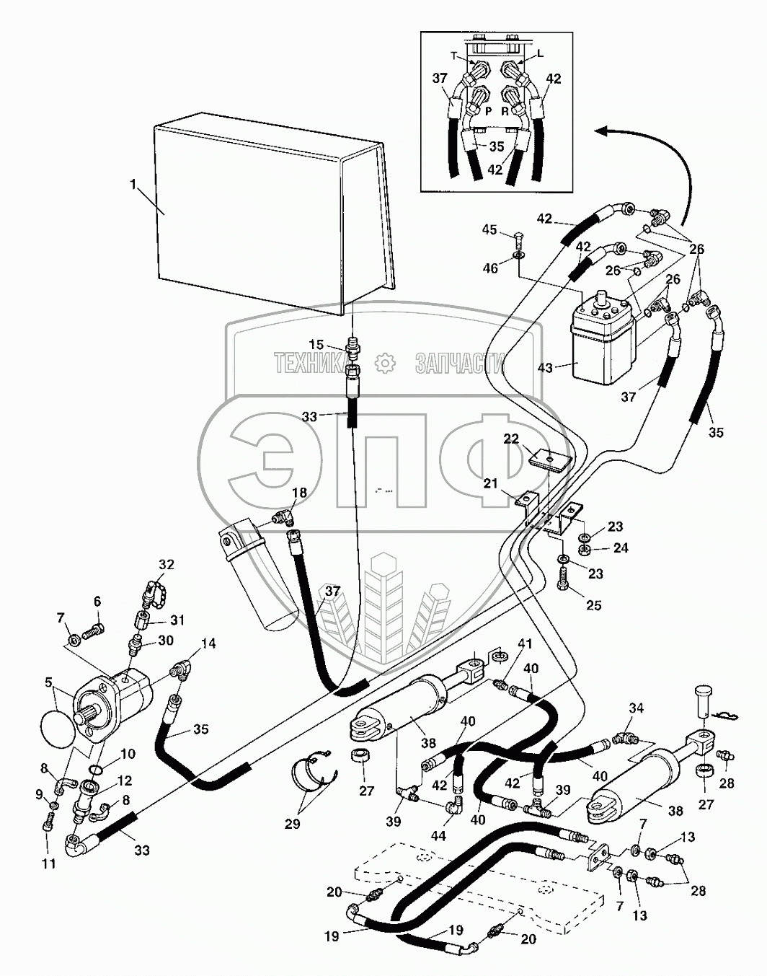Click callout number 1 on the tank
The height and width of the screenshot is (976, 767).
(133, 185)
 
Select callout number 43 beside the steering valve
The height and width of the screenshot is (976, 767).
(544, 368)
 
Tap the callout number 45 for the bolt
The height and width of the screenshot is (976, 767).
(489, 230)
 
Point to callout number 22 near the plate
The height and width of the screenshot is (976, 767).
(510, 439)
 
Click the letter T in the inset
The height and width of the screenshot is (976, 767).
(454, 55)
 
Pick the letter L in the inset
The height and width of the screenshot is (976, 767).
(540, 54)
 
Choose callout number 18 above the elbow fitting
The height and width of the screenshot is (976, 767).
(298, 492)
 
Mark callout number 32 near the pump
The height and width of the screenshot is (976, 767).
(167, 565)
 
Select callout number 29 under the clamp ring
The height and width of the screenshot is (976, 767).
(292, 823)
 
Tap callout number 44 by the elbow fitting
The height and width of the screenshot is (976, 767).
(438, 836)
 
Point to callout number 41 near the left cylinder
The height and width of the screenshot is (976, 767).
(524, 643)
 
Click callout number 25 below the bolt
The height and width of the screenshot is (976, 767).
(593, 605)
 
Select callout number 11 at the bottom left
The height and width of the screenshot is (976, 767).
(48, 863)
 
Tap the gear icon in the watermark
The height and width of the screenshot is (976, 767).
(387, 361)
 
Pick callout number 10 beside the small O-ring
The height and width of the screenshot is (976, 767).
(128, 755)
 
